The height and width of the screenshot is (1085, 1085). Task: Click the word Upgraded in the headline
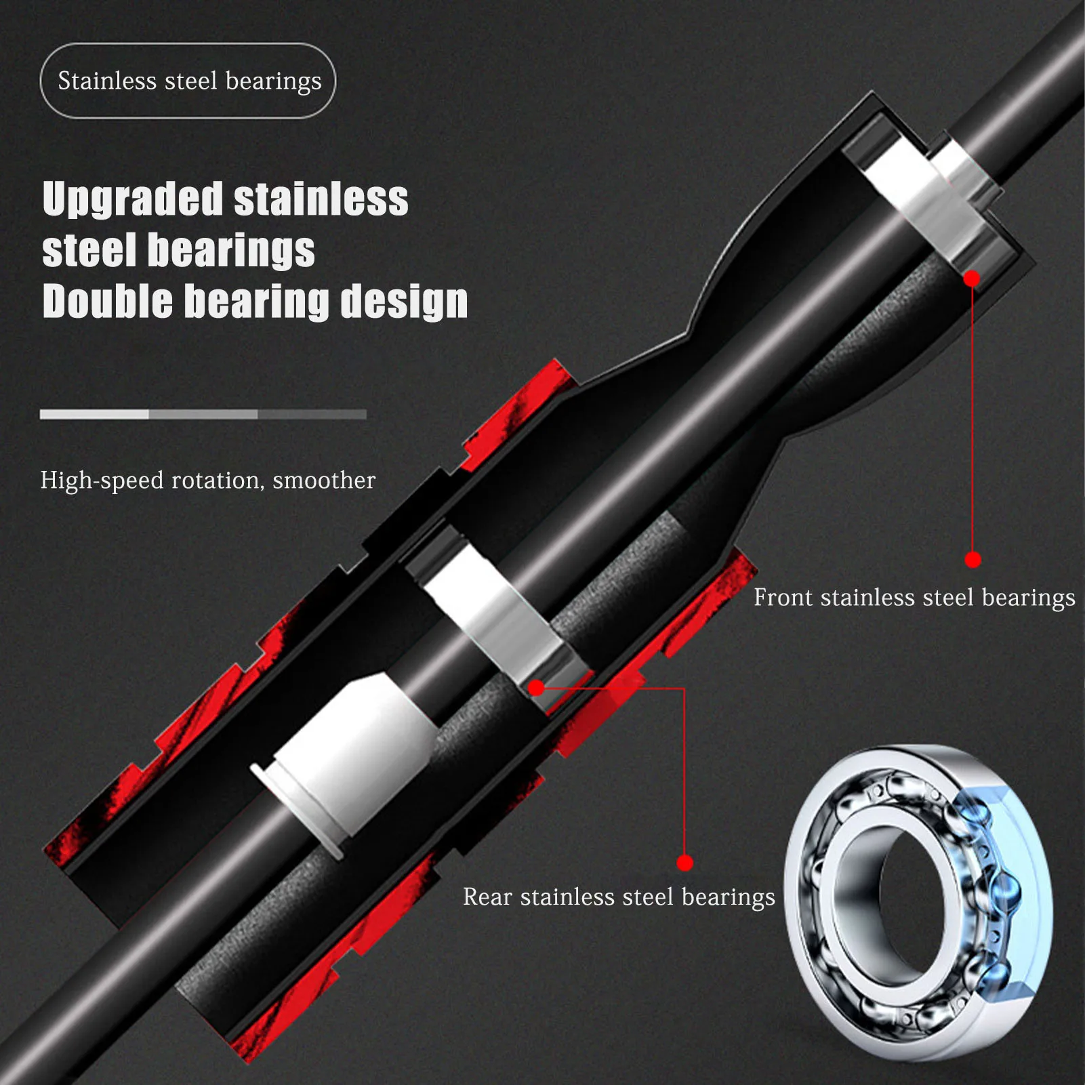132,200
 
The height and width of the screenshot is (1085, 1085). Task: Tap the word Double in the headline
107,302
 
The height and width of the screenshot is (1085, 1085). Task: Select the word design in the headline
404,302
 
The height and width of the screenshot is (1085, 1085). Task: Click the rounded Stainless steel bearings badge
188,81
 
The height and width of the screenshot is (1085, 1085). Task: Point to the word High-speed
102,480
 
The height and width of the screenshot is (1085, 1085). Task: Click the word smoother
324,480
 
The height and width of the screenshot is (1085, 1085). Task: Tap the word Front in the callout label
783,598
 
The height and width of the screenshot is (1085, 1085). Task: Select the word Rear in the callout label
487,897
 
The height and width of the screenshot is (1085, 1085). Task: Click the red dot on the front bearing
972,279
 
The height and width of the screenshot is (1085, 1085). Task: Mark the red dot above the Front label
973,560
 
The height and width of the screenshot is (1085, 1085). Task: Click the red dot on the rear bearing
536,689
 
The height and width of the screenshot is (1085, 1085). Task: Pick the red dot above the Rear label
685,863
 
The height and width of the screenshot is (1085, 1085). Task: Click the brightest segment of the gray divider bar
94,414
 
